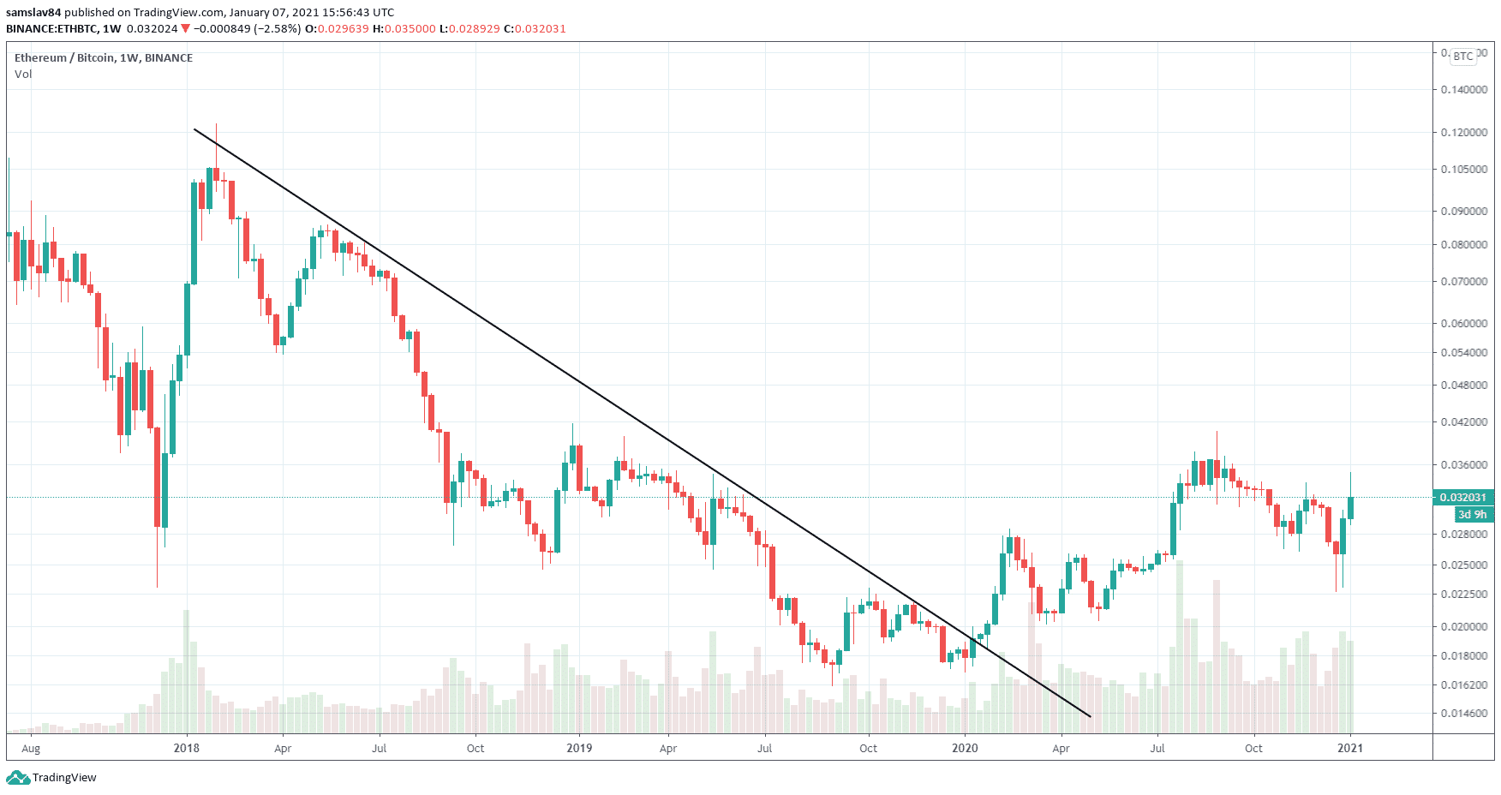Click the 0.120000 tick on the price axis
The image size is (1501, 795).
point(1463,133)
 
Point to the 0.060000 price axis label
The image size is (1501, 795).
point(1463,324)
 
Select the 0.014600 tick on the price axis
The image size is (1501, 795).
point(1463,714)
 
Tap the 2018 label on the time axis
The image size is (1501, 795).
point(186,748)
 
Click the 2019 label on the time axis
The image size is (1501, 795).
point(579,748)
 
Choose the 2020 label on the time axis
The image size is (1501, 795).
point(965,748)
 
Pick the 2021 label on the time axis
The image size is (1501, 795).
point(1350,748)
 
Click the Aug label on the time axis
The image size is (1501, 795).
point(31,748)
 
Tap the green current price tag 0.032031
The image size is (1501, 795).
point(1462,498)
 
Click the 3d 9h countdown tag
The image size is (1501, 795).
point(1473,515)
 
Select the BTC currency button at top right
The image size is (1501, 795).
point(1463,57)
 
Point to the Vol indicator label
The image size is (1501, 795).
point(23,75)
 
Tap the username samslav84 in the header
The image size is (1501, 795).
point(33,13)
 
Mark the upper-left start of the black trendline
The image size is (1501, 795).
point(194,129)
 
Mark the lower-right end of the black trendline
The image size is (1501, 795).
point(1091,717)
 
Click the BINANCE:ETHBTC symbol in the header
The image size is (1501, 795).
point(52,29)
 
